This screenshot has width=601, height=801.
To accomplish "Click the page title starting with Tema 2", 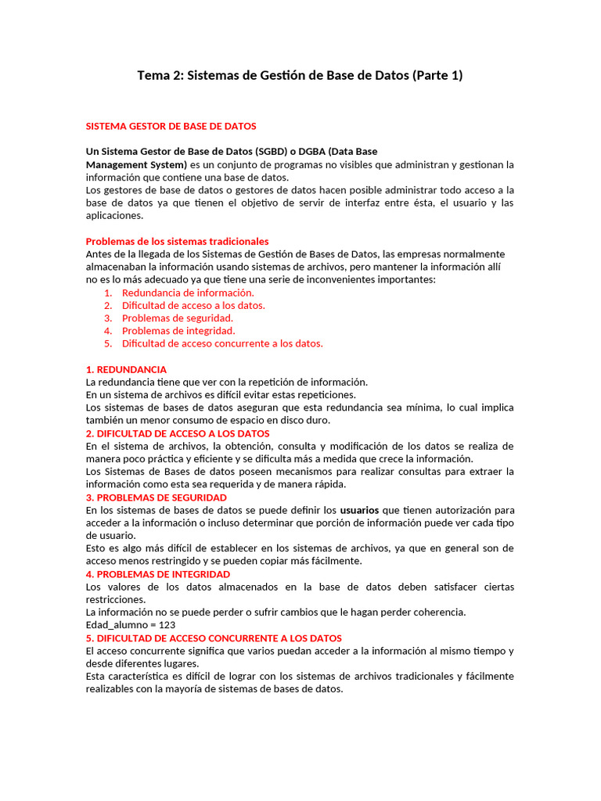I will (x=300, y=75).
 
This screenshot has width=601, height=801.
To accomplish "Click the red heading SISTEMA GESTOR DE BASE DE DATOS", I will (x=171, y=126).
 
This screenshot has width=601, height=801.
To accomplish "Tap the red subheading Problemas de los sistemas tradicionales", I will (x=177, y=241).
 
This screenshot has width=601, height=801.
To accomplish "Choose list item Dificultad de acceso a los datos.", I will (x=193, y=305).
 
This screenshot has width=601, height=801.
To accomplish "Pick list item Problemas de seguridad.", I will (x=178, y=318).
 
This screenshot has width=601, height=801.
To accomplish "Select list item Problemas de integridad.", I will (x=178, y=330).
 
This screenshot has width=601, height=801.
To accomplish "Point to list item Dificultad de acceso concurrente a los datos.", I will (x=222, y=343).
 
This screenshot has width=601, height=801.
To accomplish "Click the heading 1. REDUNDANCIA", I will (x=126, y=369).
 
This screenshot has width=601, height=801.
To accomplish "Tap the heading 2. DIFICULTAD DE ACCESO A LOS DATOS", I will (x=178, y=433).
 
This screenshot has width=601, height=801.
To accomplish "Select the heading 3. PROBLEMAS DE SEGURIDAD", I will (x=157, y=497).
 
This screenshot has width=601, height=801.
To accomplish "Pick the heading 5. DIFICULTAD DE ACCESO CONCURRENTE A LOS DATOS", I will (x=214, y=638).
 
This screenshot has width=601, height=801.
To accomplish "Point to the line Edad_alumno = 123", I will (x=130, y=625).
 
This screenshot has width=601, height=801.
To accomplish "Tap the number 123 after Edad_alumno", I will (x=167, y=625).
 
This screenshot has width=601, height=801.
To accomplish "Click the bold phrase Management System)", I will (x=136, y=164).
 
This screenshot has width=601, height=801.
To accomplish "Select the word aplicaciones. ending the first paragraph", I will (x=114, y=216).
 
